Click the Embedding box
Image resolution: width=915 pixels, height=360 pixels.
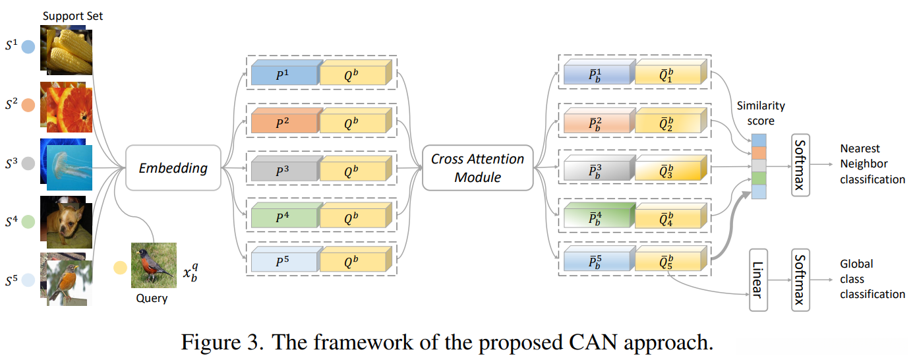click(x=173, y=168)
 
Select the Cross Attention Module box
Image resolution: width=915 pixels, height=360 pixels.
click(x=477, y=168)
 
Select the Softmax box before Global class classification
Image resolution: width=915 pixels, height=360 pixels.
click(x=800, y=280)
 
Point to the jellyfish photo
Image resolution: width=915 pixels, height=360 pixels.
click(x=69, y=168)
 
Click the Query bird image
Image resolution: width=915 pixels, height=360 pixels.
click(x=154, y=266)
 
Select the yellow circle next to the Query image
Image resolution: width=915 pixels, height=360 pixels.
click(x=119, y=268)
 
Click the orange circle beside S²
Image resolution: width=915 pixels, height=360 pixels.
click(x=28, y=104)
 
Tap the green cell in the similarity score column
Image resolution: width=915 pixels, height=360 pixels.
click(x=759, y=178)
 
